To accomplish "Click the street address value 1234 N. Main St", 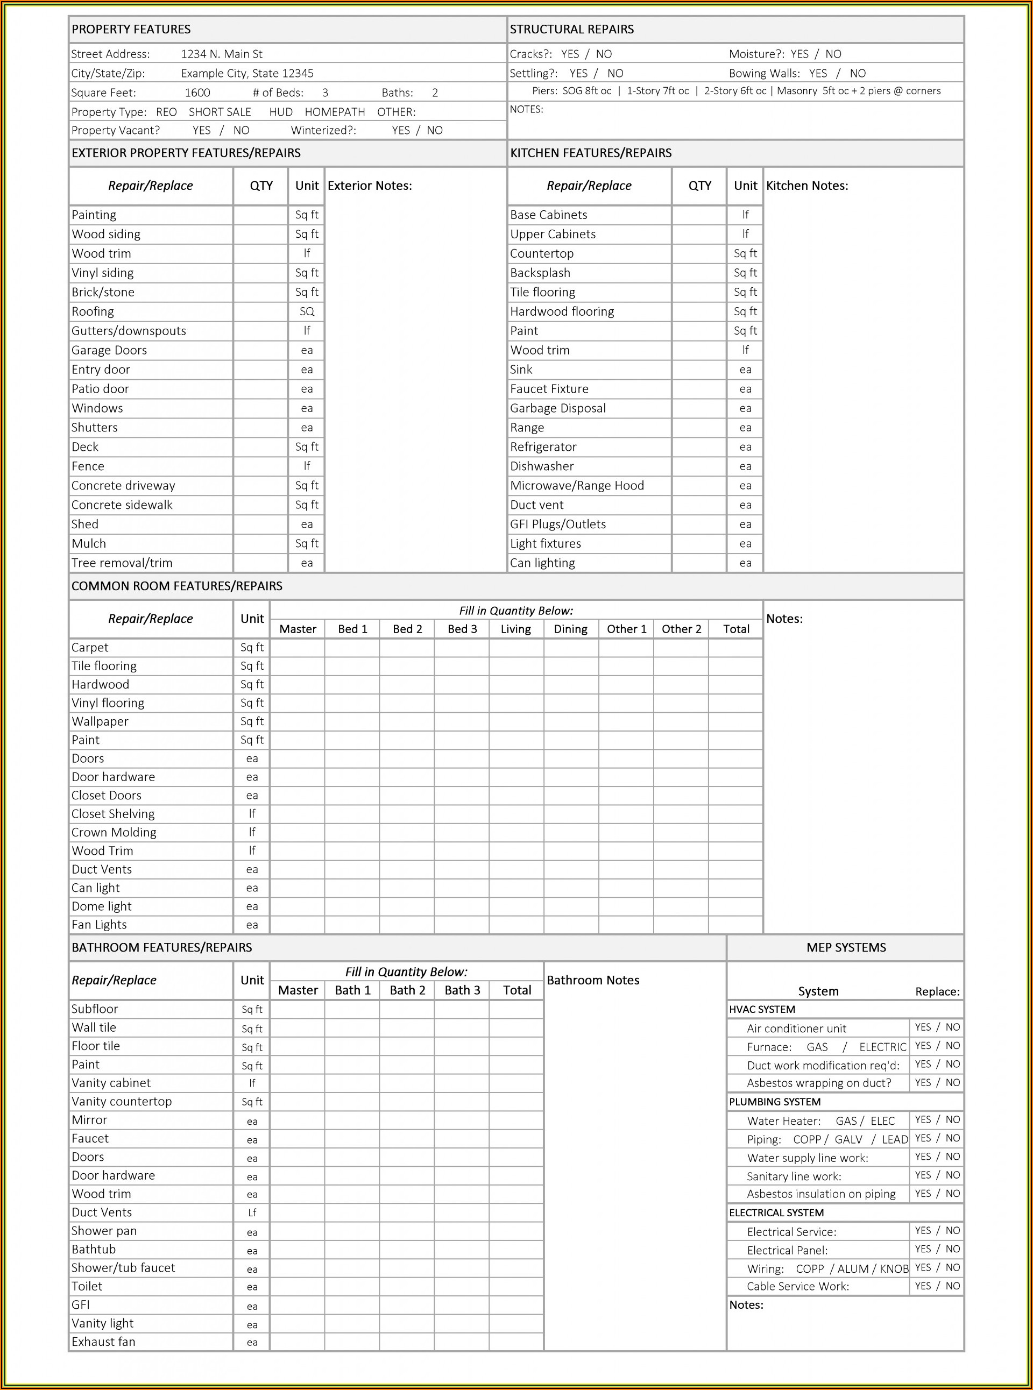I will [221, 54].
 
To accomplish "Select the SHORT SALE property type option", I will [220, 112].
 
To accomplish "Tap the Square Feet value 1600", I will [197, 93].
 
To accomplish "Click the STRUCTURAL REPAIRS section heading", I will [571, 30].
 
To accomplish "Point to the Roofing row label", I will [93, 311].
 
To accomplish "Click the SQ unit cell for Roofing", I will [306, 311].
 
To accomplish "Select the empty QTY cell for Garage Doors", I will [261, 350].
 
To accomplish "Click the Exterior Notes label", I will [370, 186].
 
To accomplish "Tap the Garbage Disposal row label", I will [558, 408].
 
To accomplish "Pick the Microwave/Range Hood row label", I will [577, 485].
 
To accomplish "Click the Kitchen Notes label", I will [806, 186].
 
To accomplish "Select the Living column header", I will [515, 629].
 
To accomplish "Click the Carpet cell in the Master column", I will [298, 648].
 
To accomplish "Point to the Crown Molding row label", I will [114, 832].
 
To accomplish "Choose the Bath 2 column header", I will [407, 990].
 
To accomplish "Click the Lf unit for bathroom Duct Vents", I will [252, 1212].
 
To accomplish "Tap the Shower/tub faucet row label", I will [123, 1267].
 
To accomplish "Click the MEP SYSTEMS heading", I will [845, 947].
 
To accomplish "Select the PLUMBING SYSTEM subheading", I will [774, 1102].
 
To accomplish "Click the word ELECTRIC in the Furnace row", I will [882, 1047].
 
